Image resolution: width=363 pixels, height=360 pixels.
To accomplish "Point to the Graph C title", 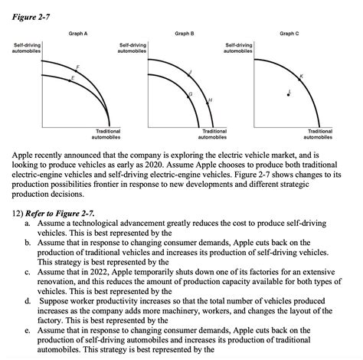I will [289, 34].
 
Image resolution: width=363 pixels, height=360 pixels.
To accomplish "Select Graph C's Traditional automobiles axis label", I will [319, 135].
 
